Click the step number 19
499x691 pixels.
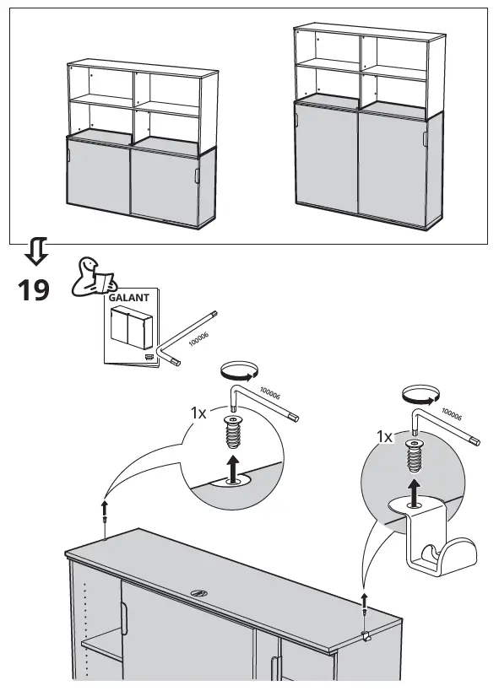pyautogui.click(x=34, y=290)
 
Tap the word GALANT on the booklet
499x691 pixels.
pyautogui.click(x=129, y=298)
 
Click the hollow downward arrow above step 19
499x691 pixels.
pyautogui.click(x=36, y=251)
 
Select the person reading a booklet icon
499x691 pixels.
pyautogui.click(x=93, y=278)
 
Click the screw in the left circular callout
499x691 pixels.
pyautogui.click(x=232, y=432)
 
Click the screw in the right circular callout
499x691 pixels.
pyautogui.click(x=414, y=456)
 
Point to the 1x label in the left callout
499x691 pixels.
pyautogui.click(x=198, y=413)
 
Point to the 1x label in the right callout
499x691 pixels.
pyautogui.click(x=384, y=437)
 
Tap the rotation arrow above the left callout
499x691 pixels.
pyautogui.click(x=239, y=371)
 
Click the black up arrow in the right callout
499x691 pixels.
pyautogui.click(x=414, y=493)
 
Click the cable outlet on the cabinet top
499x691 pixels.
pyautogui.click(x=199, y=592)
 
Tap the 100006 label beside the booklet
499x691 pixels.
pyautogui.click(x=198, y=339)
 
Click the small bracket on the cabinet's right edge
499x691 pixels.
pyautogui.click(x=366, y=636)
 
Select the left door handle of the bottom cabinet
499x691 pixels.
pyautogui.click(x=124, y=618)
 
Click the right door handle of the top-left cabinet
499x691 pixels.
pyautogui.click(x=197, y=175)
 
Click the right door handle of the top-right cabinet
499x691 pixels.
pyautogui.click(x=425, y=138)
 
